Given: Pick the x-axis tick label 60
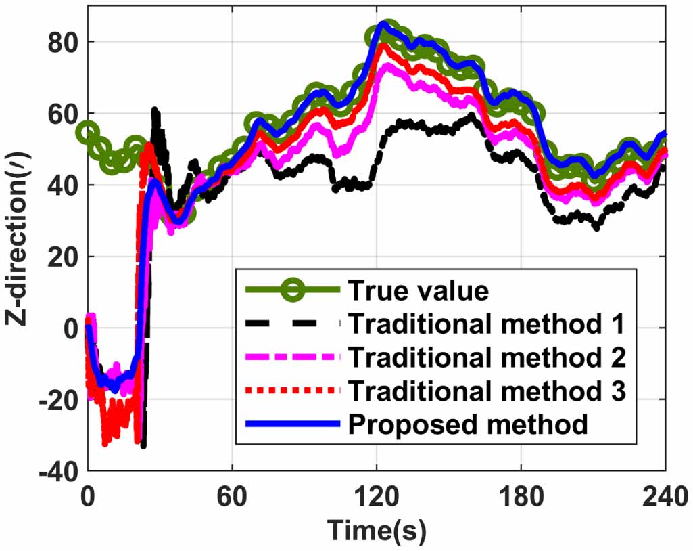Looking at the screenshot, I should [232, 497].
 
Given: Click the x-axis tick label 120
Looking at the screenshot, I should [377, 497].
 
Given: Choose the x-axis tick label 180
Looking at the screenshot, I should [521, 497].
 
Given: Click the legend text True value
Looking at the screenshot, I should [418, 290].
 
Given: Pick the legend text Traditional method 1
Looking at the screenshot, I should [485, 324].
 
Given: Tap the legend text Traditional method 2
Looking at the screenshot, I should [485, 357].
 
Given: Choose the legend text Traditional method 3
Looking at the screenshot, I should [485, 391].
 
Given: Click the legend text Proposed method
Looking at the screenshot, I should [468, 424].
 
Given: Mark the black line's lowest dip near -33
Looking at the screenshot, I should [143, 445].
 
